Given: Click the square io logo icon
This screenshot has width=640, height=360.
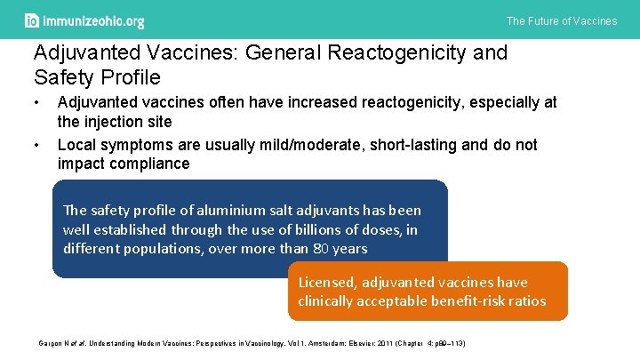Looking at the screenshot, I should click(32, 20).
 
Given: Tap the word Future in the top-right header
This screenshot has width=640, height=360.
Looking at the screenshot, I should click(545, 20).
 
